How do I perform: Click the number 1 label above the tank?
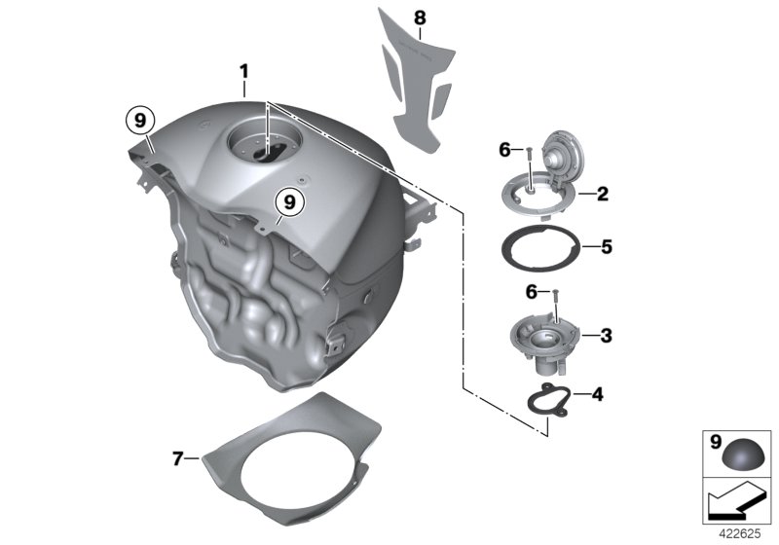244,71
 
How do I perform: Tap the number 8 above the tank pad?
420,17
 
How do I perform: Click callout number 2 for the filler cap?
603,195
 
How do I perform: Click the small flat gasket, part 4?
557,401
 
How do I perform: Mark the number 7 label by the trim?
178,458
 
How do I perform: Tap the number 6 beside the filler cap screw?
504,149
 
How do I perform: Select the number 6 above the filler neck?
532,292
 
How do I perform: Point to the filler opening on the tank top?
264,147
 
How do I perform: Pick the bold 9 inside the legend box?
716,442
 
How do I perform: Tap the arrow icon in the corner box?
737,504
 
